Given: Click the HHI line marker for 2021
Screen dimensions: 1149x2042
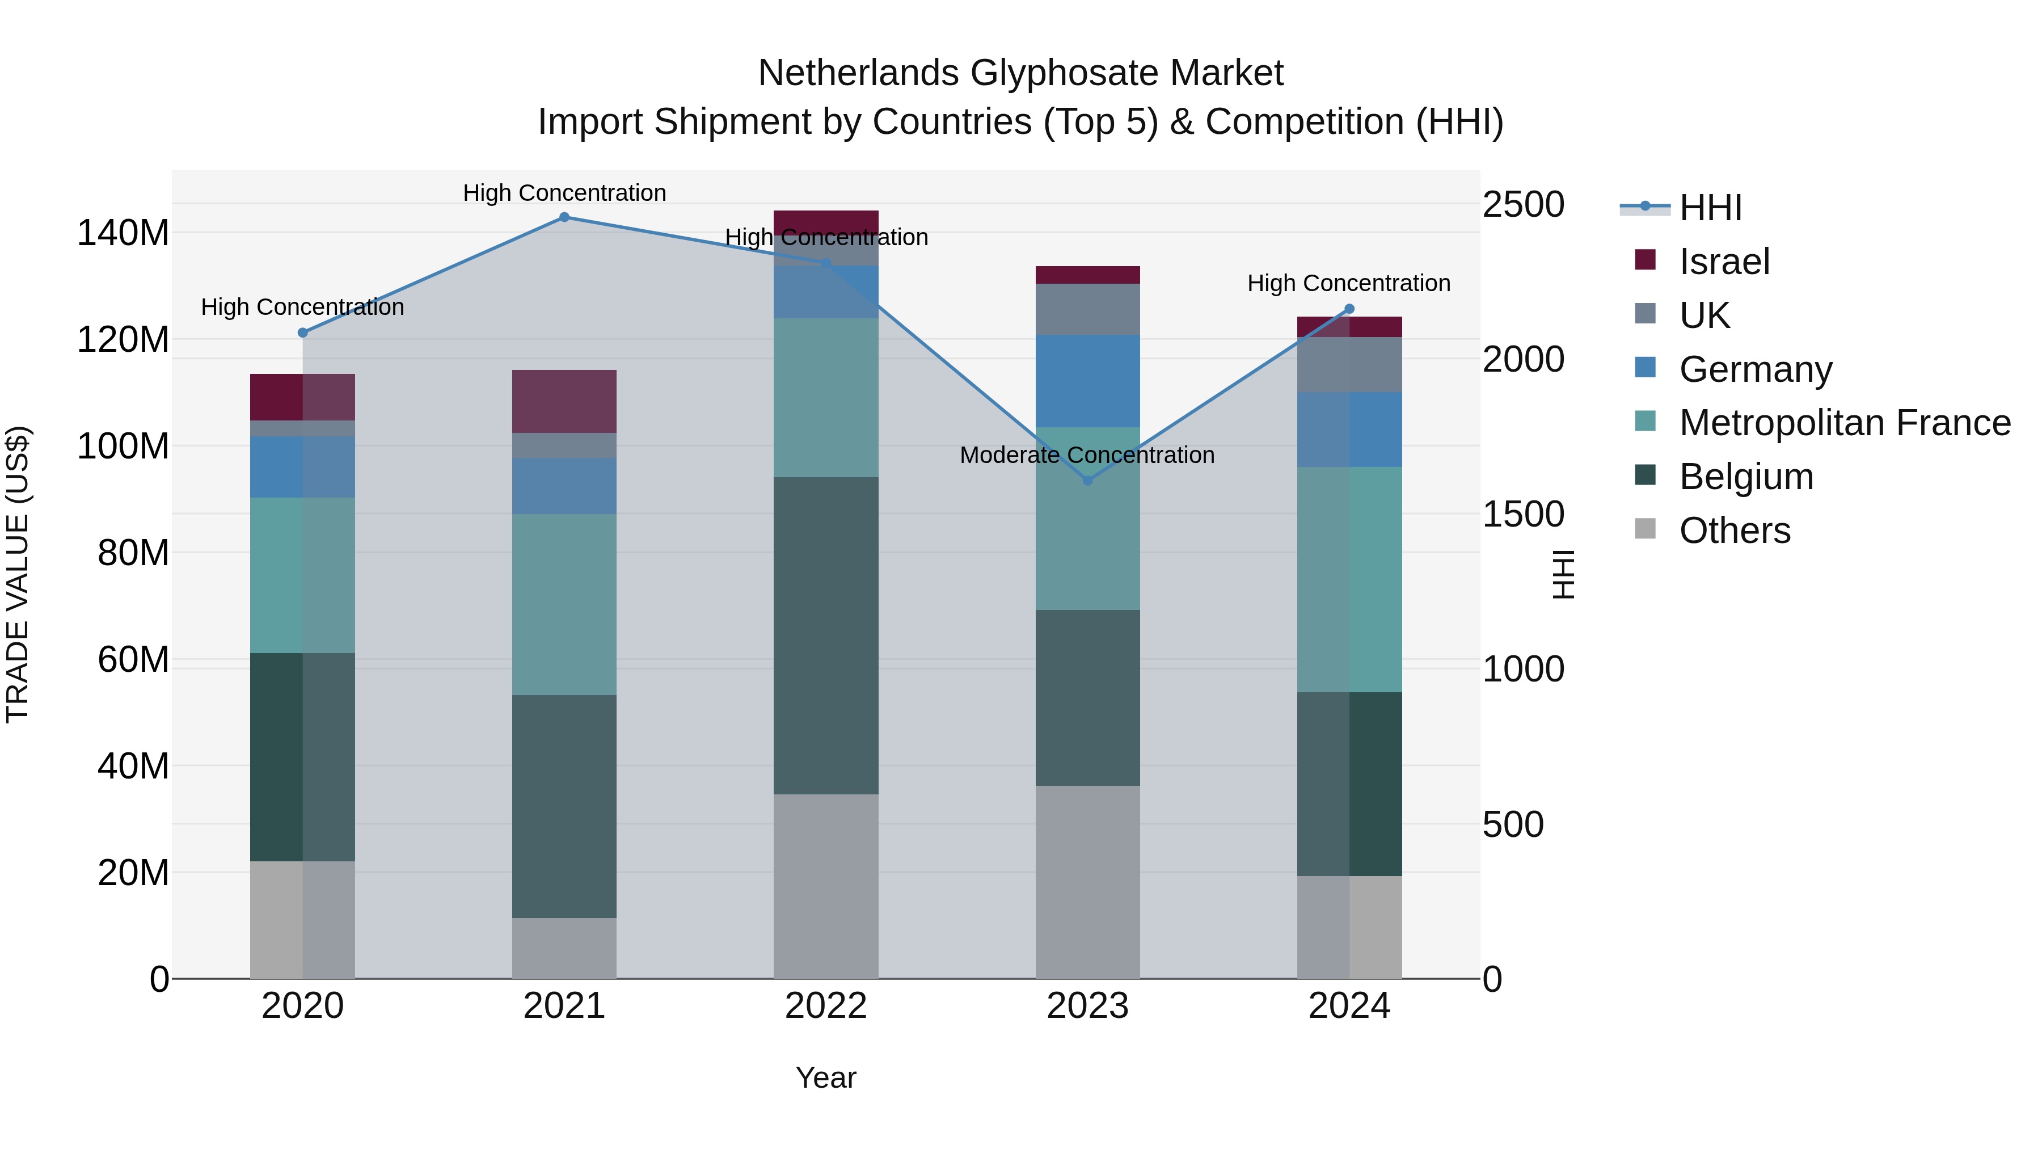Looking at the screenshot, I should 564,217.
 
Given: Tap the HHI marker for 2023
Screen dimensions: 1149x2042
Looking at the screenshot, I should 1087,481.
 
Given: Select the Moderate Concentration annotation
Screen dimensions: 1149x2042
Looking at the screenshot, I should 1087,455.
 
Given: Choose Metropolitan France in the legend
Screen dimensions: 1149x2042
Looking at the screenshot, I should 1844,423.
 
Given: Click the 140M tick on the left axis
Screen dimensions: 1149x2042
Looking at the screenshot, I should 123,233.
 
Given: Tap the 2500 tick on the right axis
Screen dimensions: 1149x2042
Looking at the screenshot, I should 1523,205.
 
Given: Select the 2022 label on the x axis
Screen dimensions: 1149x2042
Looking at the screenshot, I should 826,1006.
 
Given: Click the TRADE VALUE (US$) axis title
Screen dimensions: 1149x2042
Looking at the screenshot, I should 18,574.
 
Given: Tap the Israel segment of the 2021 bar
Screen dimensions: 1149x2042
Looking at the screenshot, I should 564,401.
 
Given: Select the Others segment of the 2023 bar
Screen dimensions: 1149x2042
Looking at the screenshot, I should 1087,882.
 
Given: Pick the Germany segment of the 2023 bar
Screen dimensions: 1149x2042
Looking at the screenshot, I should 1087,381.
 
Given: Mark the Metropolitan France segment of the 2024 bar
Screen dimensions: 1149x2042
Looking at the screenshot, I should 1349,580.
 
